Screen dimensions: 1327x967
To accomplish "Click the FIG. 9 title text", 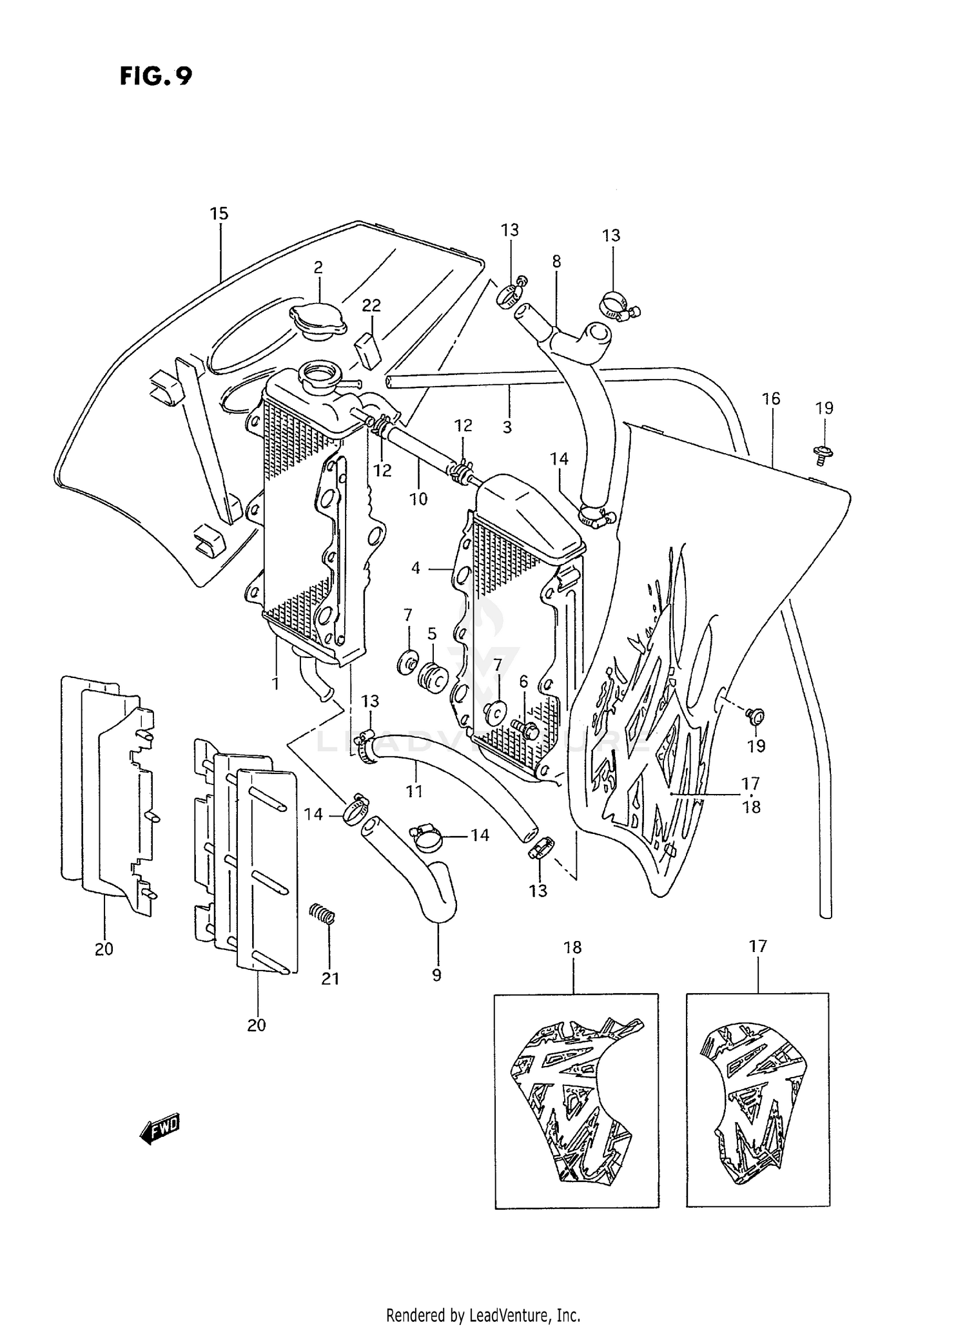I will [x=155, y=76].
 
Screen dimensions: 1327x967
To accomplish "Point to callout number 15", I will [x=219, y=213].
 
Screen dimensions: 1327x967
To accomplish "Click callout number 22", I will [x=371, y=305].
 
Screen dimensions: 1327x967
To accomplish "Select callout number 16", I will [x=771, y=398].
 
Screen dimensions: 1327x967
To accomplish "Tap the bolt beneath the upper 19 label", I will [x=823, y=452].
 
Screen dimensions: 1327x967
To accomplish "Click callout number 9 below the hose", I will [x=436, y=975].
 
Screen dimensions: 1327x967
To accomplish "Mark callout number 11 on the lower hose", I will [x=414, y=791].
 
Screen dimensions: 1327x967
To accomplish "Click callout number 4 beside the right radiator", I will [x=416, y=568].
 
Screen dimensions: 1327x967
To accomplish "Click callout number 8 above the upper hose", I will [x=556, y=261].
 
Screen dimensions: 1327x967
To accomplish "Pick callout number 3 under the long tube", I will [x=507, y=427].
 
